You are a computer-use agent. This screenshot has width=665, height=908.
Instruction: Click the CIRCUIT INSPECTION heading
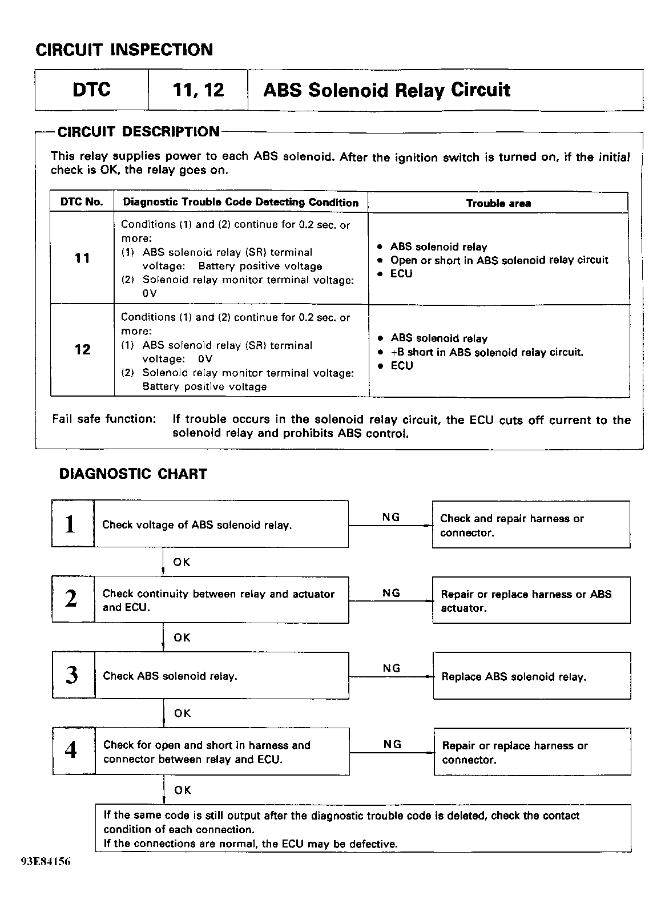point(124,50)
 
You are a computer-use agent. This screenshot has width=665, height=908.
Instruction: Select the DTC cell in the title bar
point(91,90)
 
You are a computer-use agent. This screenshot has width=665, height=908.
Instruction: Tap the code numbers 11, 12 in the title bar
point(198,90)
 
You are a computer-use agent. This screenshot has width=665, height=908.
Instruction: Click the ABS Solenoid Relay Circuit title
point(386,90)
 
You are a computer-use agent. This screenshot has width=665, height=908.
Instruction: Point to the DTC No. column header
point(82,202)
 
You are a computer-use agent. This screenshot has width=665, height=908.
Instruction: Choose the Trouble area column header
point(498,203)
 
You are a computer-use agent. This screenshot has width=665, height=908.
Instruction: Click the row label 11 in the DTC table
point(82,258)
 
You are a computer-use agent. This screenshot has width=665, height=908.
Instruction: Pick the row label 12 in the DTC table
point(82,349)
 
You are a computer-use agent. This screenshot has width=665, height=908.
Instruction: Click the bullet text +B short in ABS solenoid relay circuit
point(487,352)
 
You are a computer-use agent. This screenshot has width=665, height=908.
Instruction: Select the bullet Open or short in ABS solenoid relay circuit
point(499,260)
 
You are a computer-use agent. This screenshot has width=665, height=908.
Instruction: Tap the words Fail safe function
point(103,419)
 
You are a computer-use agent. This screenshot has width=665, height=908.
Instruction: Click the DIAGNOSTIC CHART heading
point(133,474)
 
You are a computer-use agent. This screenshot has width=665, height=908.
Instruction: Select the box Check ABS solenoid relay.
point(221,676)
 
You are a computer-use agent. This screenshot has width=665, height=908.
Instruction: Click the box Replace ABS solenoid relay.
point(531,677)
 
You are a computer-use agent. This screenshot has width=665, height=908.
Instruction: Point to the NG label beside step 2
point(391,593)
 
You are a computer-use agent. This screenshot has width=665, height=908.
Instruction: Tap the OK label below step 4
point(183,790)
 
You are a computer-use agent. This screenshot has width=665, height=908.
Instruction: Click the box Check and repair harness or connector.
point(531,525)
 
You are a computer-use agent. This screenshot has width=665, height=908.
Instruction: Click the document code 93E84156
point(46,862)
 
